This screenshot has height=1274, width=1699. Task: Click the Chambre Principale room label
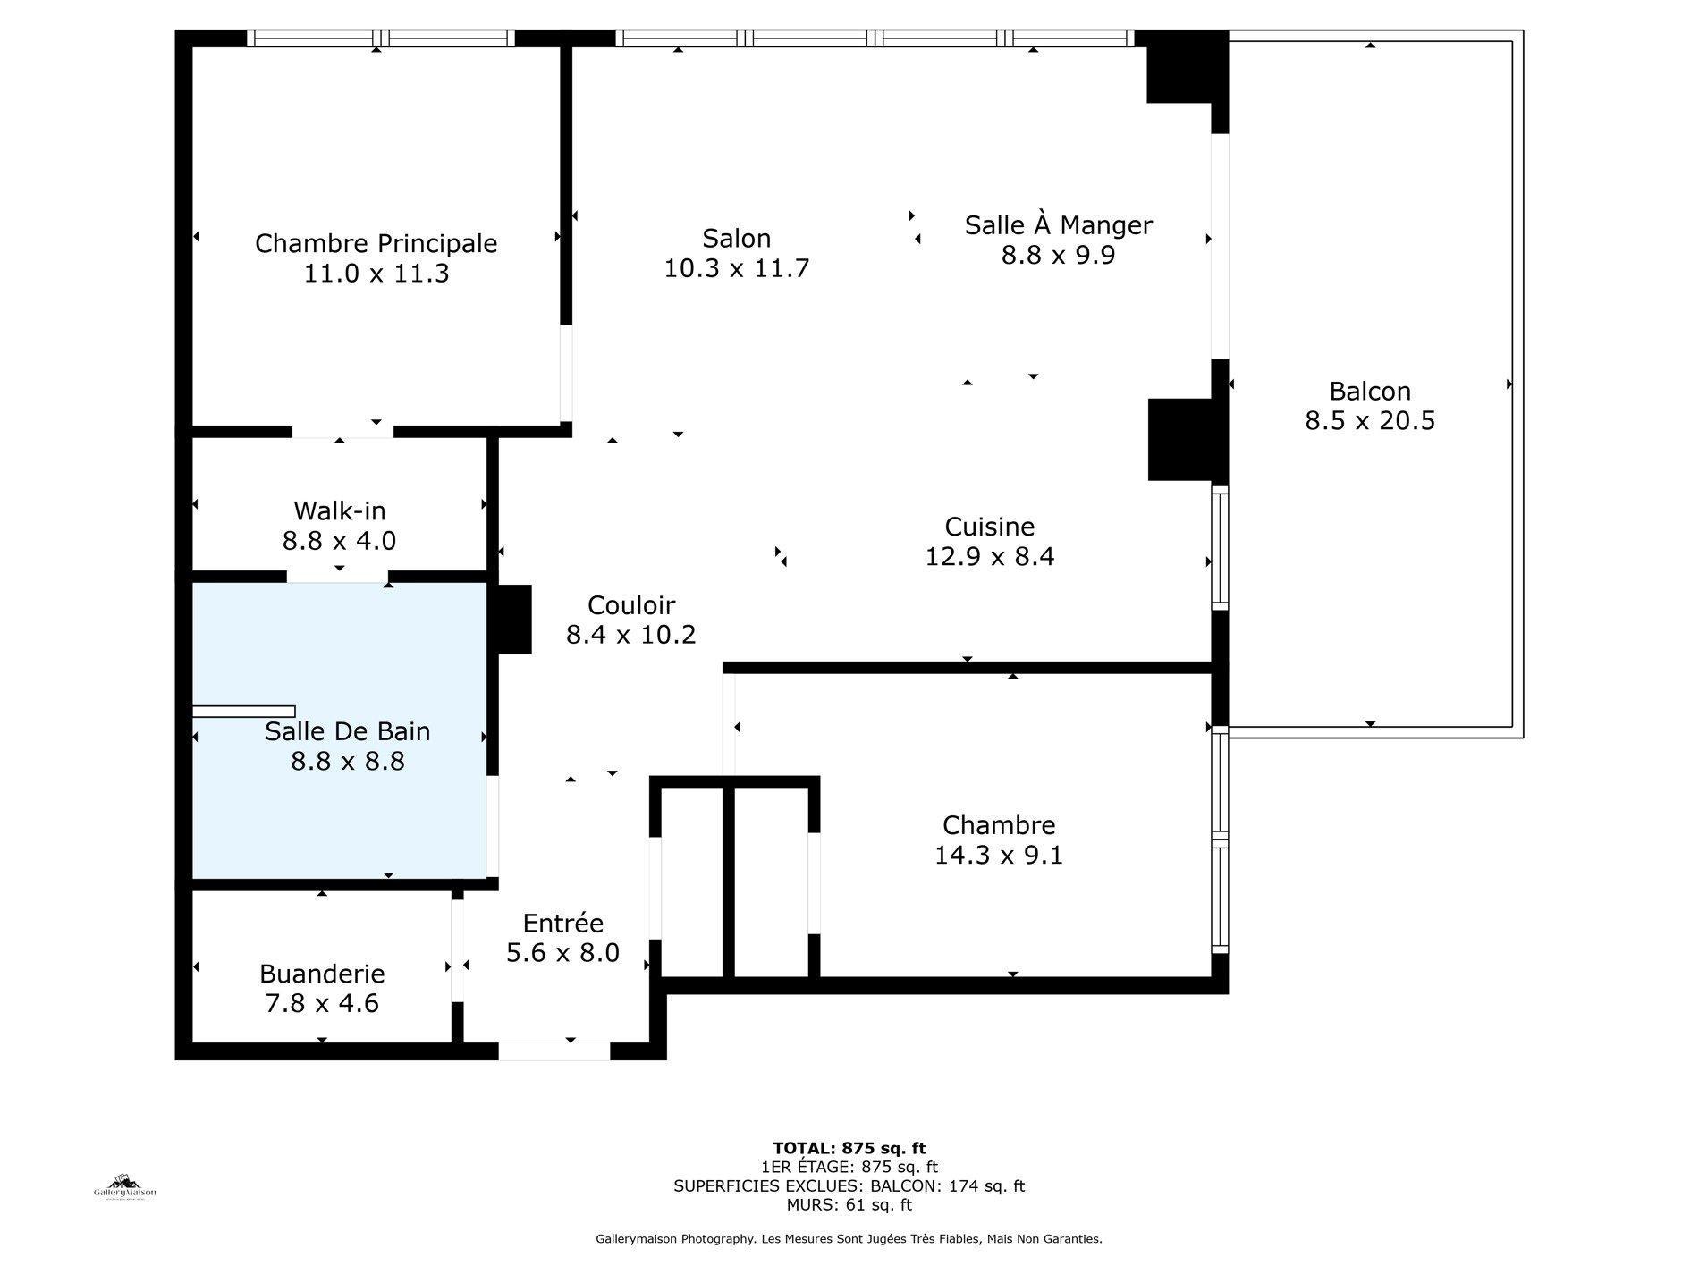376,243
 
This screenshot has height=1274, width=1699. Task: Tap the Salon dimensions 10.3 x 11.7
736,268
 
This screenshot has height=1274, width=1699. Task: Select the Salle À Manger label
1058,224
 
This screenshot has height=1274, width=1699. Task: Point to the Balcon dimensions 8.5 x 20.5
1369,420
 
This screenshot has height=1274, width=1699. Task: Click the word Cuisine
989,527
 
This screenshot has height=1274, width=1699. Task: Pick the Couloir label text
630,605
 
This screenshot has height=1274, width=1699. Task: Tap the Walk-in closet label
339,510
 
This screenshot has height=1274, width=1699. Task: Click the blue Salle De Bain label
347,731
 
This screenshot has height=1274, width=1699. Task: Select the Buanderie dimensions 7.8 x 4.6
321,1003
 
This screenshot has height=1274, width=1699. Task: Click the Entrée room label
562,923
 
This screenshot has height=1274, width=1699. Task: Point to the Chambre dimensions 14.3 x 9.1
998,856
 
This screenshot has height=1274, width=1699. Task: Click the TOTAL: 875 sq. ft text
849,1148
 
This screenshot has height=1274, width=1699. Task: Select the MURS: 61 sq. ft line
849,1205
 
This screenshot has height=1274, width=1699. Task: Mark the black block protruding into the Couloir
513,619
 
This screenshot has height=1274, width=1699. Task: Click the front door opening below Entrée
554,1051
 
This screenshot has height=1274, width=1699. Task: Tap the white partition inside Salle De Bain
243,712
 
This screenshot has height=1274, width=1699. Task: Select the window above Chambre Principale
381,38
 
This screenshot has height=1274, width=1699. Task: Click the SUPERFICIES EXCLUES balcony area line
849,1186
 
